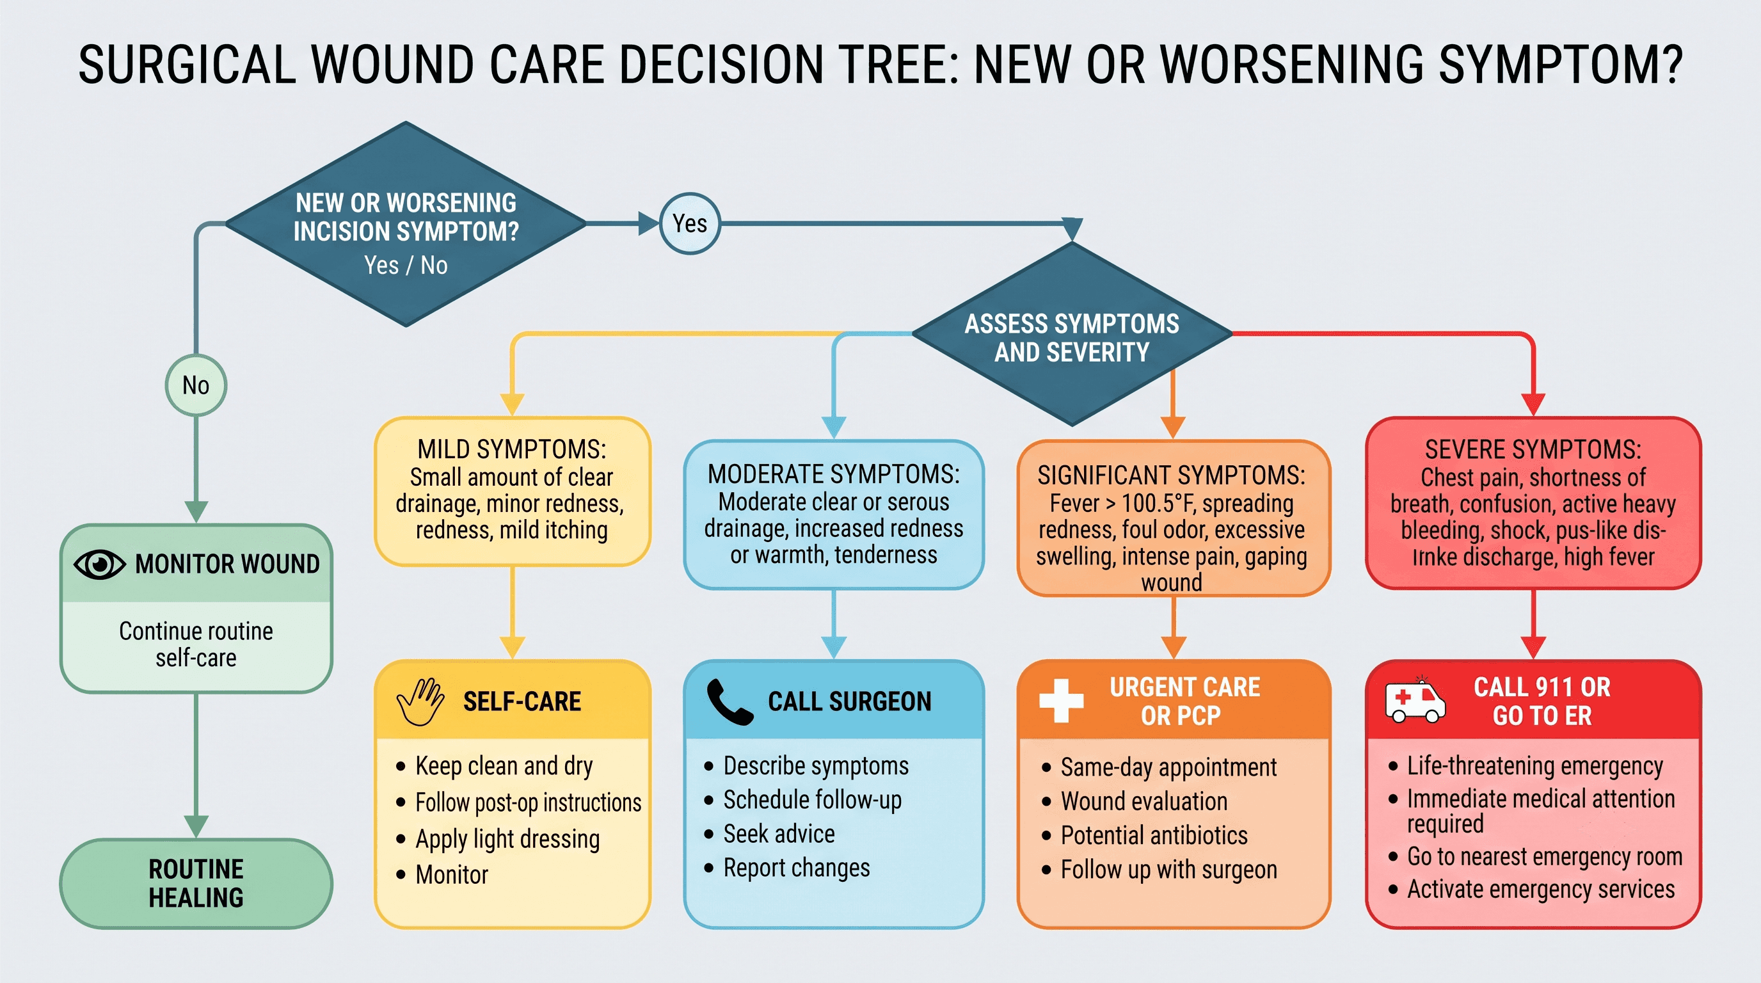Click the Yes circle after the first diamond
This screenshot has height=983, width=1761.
[x=690, y=223]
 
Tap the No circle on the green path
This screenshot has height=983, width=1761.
[x=196, y=385]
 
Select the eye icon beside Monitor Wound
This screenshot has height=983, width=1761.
[x=100, y=564]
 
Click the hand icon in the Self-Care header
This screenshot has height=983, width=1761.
[x=420, y=701]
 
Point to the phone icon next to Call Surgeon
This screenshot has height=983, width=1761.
[x=729, y=702]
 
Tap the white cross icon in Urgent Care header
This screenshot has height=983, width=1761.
[x=1061, y=701]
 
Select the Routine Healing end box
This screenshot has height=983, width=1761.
[x=196, y=883]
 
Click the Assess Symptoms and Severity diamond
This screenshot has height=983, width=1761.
[x=1072, y=333]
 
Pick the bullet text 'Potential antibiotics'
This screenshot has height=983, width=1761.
[x=1154, y=835]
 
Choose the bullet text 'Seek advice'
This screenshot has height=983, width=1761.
[x=779, y=834]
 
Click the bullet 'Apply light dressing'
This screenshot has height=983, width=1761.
[x=507, y=840]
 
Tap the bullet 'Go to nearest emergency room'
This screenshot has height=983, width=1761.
[x=1544, y=856]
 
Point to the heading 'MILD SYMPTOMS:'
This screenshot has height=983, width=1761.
[x=512, y=449]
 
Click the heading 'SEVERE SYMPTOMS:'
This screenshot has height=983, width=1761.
[x=1533, y=449]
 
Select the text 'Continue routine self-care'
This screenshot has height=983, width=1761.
[x=196, y=644]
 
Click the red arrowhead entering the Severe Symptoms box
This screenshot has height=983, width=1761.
[x=1533, y=404]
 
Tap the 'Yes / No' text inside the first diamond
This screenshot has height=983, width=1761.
[x=406, y=265]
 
